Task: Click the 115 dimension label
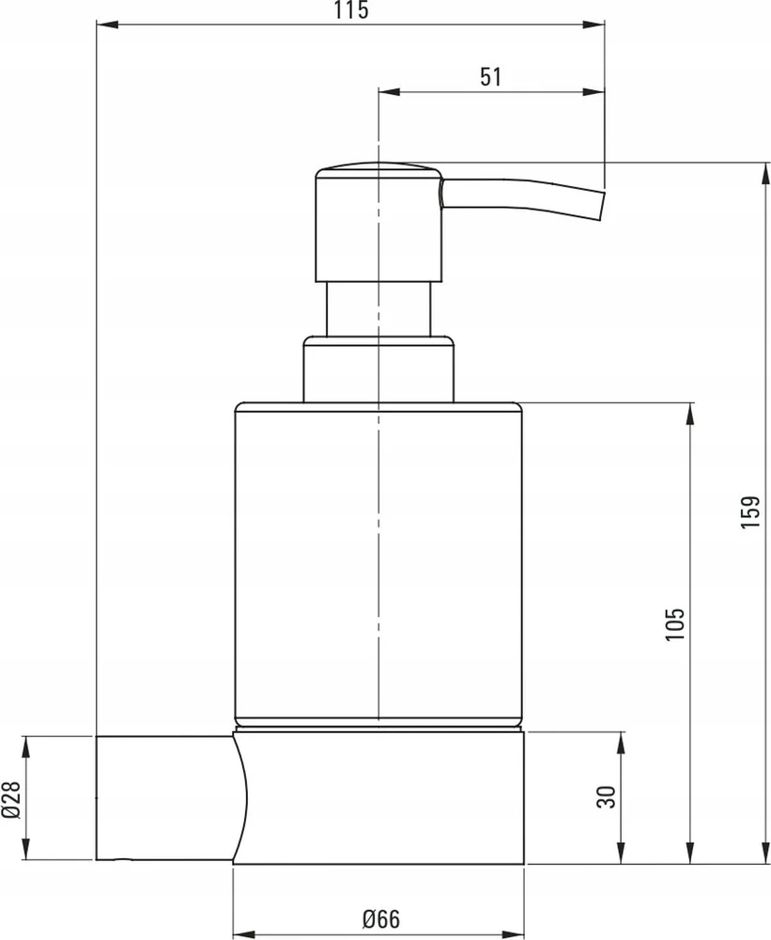tap(351, 10)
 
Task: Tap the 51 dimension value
tap(490, 77)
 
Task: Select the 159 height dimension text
tap(750, 511)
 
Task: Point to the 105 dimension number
tap(674, 624)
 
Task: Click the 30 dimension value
tap(607, 797)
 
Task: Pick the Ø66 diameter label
tap(381, 919)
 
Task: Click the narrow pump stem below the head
tap(378, 308)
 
